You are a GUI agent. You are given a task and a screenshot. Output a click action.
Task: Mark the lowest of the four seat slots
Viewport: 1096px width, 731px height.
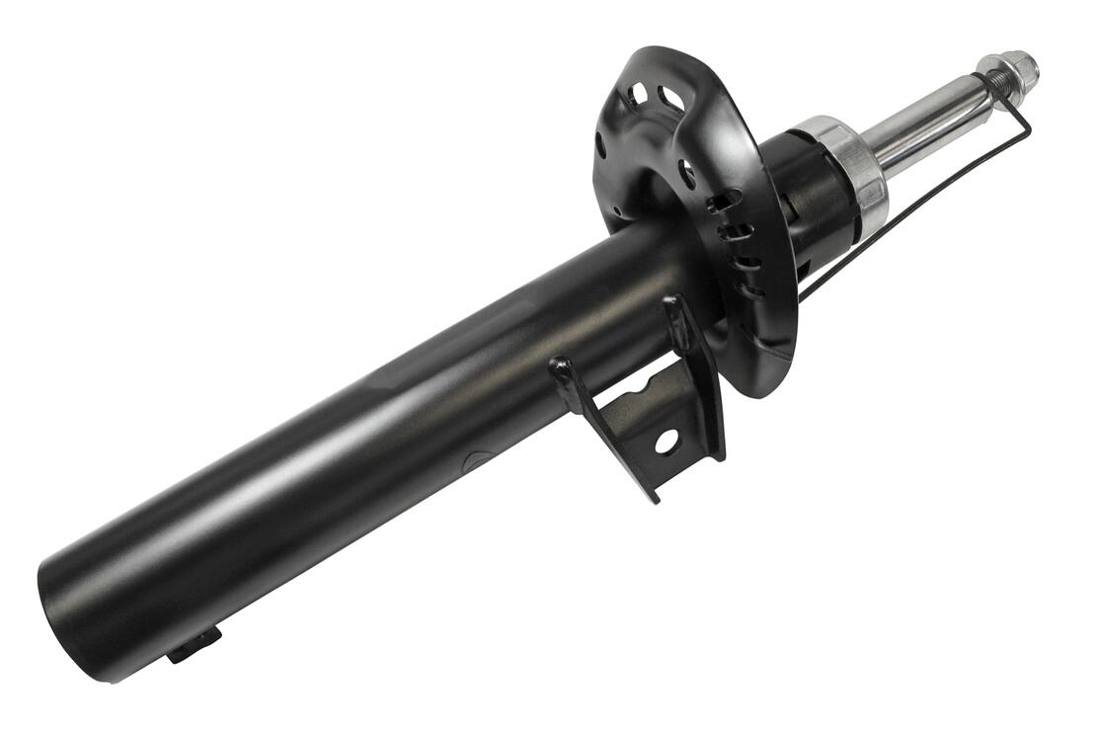[752, 290]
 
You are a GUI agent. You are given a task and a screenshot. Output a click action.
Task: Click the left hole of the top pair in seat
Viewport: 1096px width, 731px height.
[639, 93]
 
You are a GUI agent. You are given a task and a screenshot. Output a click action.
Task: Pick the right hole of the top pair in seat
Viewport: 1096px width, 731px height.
[671, 98]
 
